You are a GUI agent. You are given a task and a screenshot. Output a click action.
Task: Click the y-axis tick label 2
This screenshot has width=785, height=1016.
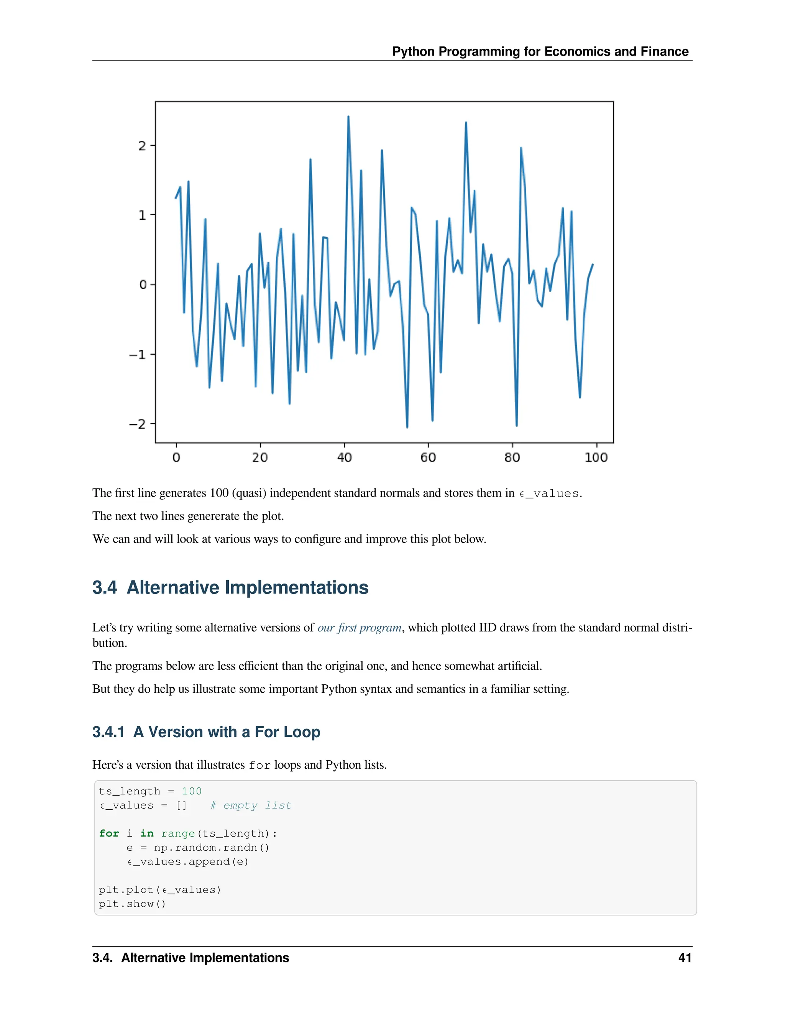(x=142, y=146)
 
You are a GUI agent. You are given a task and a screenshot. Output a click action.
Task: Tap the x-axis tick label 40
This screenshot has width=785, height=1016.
(x=344, y=458)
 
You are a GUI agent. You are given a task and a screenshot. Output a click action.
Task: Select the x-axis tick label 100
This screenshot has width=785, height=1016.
(x=596, y=458)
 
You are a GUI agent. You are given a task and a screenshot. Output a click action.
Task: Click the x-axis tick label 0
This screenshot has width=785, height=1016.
(x=176, y=458)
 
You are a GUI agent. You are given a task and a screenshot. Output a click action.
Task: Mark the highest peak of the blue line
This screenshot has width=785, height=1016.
(x=348, y=117)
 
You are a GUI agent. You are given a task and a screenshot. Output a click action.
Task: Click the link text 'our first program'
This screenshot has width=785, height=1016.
(x=360, y=628)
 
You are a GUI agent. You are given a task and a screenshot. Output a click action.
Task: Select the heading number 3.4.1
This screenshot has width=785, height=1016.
(x=108, y=732)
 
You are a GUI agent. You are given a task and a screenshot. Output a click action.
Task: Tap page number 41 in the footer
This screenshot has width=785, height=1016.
(x=685, y=958)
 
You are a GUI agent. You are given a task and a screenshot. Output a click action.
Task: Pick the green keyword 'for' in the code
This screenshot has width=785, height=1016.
(x=109, y=833)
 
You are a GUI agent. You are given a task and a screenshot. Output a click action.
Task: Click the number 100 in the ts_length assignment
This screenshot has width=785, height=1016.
(x=192, y=791)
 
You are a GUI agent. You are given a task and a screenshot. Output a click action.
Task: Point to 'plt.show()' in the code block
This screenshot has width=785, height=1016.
(x=132, y=904)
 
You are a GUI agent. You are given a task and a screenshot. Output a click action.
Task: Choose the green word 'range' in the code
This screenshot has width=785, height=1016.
(x=177, y=833)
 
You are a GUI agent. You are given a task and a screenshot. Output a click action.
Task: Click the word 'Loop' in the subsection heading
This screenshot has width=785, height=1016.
(x=302, y=732)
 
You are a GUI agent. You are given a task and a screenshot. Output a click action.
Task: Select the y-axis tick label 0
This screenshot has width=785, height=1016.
(x=143, y=285)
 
